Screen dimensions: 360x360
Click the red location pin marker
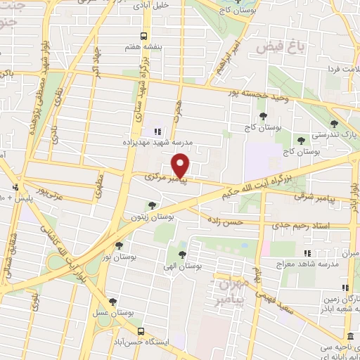181,167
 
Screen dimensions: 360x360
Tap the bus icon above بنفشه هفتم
144,36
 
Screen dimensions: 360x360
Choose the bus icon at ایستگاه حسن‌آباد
141,330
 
